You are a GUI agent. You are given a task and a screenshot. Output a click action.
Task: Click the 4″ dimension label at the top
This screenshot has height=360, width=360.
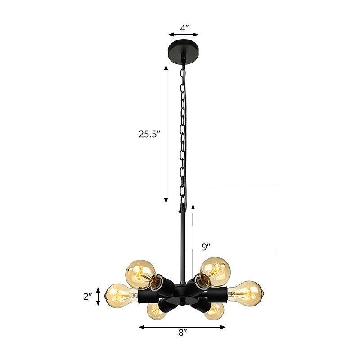184,27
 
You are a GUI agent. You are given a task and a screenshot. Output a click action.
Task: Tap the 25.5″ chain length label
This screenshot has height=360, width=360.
149,134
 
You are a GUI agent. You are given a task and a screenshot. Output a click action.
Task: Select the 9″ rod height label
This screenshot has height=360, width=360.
206,247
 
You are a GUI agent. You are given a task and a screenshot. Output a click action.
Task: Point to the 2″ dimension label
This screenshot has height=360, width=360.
88,297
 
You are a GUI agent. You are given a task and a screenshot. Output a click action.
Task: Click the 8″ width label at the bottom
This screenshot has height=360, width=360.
181,334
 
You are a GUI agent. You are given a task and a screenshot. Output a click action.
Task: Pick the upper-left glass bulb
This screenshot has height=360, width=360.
139,273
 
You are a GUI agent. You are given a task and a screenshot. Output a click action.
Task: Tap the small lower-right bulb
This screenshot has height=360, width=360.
214,310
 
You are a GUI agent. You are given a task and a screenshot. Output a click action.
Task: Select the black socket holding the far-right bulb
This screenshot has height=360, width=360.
218,293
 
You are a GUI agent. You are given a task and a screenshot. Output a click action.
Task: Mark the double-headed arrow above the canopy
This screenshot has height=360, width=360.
183,34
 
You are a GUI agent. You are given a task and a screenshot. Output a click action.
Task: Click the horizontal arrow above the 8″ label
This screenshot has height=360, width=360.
182,327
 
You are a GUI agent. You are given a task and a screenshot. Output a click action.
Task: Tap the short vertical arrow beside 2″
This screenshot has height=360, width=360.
98,297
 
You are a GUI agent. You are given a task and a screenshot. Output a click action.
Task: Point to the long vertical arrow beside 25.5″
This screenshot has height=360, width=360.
166,134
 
